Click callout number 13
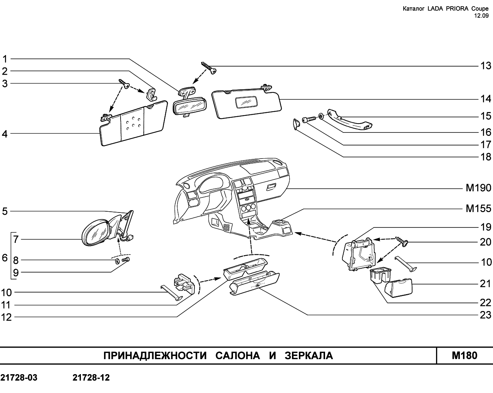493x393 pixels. tap(486, 66)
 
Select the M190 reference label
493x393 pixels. tap(479, 188)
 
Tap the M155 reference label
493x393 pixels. tap(479, 208)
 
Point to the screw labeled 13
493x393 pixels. tap(209, 68)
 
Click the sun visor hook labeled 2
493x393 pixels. tap(151, 94)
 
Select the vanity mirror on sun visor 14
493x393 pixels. tap(246, 102)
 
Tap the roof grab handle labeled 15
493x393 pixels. tap(349, 120)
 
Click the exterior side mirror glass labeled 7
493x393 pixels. tap(95, 233)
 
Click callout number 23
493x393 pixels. tap(486, 315)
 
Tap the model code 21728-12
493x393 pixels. tap(91, 378)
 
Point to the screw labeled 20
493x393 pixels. tap(402, 242)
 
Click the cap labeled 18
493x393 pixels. tap(297, 124)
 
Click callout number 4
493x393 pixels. tap(5, 134)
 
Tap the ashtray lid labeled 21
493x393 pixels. tap(398, 288)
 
